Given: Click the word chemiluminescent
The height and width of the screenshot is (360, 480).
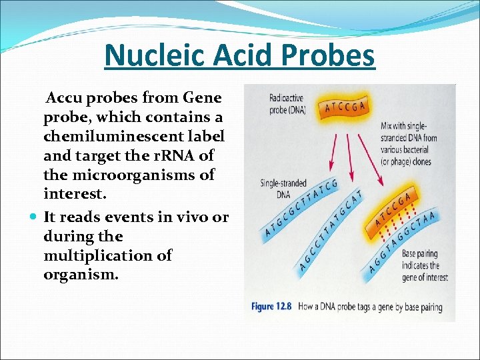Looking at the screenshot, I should pyautogui.click(x=133, y=136).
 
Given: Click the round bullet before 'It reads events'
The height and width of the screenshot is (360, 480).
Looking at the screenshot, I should pyautogui.click(x=33, y=217).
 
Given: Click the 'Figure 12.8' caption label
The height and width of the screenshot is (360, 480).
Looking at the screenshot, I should pyautogui.click(x=271, y=307).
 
